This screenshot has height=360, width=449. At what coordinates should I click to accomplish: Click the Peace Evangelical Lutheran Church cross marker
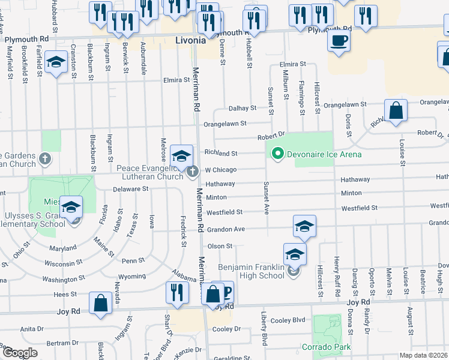tap(193, 172)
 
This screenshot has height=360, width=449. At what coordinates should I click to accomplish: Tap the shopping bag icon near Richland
tap(396, 110)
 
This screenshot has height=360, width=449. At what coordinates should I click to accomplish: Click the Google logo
tap(19, 353)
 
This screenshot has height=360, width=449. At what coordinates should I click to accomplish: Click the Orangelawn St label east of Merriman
tap(224, 124)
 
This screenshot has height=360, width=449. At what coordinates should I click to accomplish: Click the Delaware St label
tap(131, 188)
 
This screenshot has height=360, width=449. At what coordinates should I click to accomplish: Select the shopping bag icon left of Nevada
tap(100, 302)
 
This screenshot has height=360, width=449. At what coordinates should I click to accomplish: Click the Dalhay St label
tap(243, 108)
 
